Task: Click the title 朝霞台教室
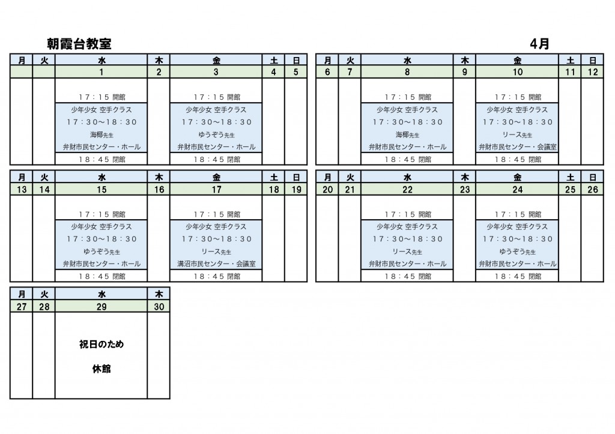(79, 44)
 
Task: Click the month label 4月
(540, 44)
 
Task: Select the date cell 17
(216, 190)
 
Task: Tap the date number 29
(101, 307)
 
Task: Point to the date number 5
(295, 73)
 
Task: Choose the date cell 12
(592, 73)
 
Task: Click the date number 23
(464, 190)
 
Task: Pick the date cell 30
(159, 307)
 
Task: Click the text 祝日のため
(101, 345)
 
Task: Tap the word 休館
(101, 369)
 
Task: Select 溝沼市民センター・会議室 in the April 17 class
(216, 264)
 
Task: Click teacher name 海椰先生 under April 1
(101, 134)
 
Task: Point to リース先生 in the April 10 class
(518, 134)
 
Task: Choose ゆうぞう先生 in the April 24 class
(518, 252)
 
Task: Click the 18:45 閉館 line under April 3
(216, 160)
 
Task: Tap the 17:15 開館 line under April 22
(407, 214)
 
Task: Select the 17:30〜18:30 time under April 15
(101, 239)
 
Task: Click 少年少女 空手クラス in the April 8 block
(407, 110)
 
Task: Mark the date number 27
(22, 307)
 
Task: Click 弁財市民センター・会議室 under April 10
(518, 146)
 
